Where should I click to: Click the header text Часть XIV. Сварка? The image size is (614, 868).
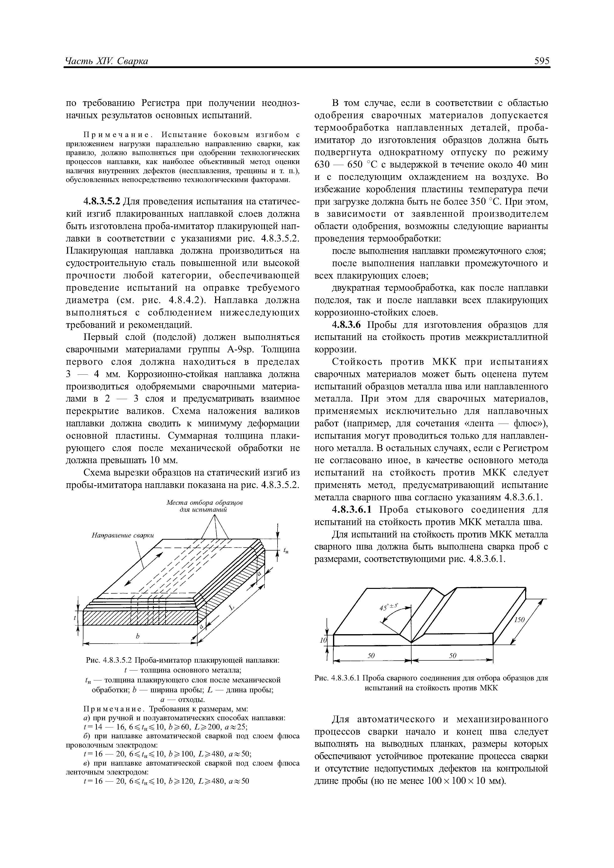point(107,61)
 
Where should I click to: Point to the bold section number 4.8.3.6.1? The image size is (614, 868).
point(355,510)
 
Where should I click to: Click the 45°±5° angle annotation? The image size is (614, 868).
point(390,607)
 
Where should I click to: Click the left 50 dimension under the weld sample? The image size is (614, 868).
point(371,656)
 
